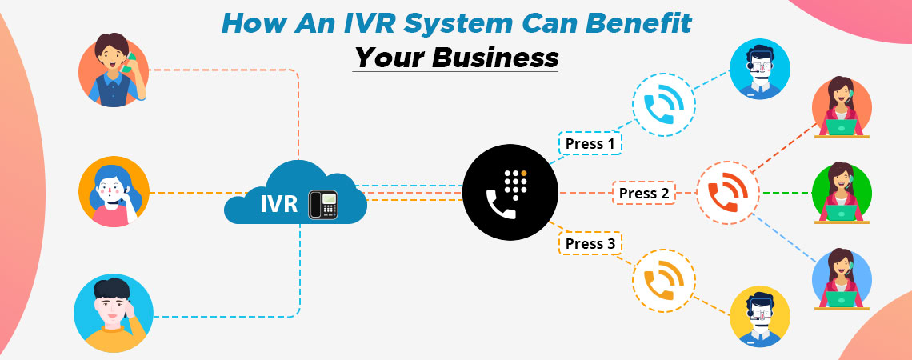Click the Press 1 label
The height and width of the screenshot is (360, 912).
pos(590,144)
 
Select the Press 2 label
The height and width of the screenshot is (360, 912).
pos(644,193)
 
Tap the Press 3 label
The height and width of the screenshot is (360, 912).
pos(590,243)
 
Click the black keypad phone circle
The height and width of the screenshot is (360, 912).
pos(511,192)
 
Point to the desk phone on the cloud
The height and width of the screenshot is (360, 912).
pos(322,203)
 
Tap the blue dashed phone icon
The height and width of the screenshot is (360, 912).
pos(664,105)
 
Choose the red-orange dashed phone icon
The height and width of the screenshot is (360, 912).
pos(727,193)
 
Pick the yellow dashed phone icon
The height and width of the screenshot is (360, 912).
pos(664,280)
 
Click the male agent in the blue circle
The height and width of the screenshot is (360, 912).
pos(759,69)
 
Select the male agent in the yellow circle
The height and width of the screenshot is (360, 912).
pos(759,316)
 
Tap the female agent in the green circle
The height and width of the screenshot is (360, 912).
pos(842,193)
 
